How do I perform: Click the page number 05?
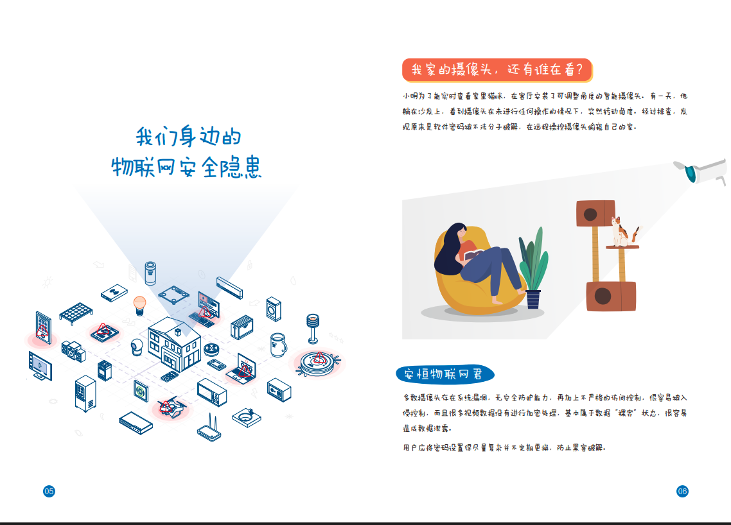(49, 491)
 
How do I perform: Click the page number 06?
(682, 491)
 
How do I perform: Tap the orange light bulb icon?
(139, 304)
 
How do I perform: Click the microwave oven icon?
(212, 392)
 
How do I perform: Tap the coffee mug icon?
(278, 344)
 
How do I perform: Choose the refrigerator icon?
(85, 393)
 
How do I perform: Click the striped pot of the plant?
(533, 299)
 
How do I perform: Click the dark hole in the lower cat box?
(603, 296)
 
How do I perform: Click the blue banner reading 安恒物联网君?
(444, 374)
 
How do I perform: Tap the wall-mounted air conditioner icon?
(229, 287)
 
